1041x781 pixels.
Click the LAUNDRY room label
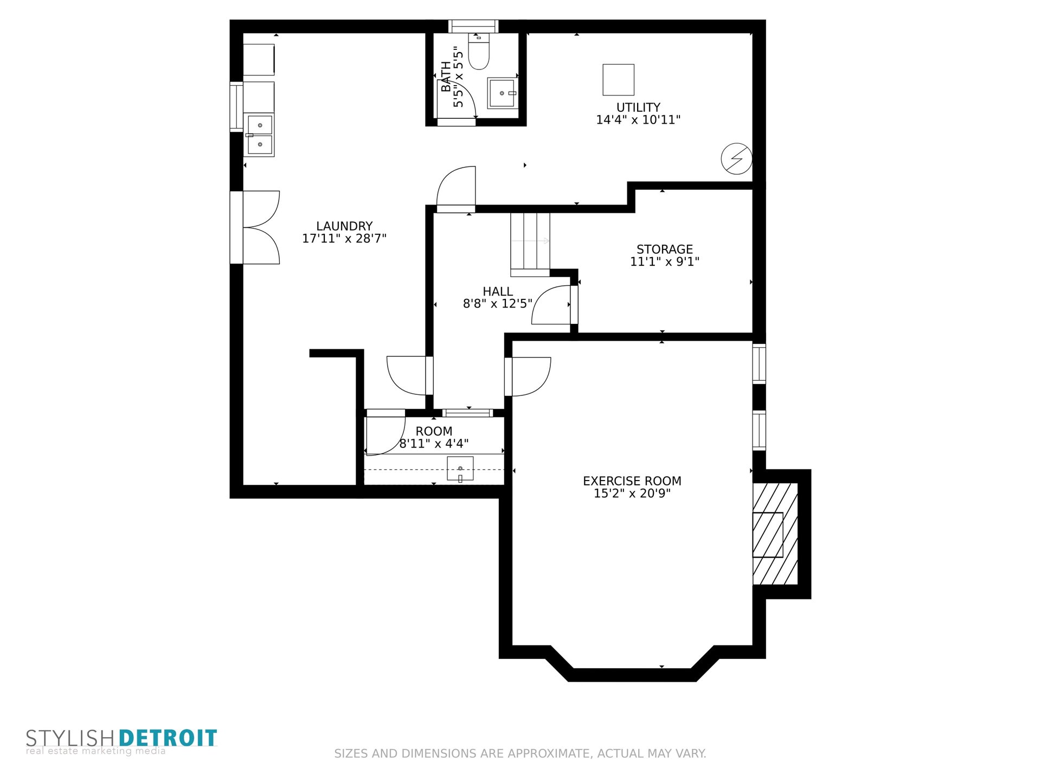(344, 226)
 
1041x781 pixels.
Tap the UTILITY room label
(638, 107)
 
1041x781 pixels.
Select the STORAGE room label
(665, 249)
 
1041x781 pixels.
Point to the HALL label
(498, 292)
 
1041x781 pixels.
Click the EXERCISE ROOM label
(632, 481)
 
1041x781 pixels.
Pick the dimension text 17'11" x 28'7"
(344, 239)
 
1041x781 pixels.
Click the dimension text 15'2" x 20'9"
(632, 494)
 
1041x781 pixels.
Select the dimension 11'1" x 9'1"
(665, 262)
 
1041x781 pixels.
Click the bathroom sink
(503, 93)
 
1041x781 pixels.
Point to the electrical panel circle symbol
(736, 159)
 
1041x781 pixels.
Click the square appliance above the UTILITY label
(618, 80)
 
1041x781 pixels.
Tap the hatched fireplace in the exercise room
(775, 534)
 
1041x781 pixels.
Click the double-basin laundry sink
(259, 135)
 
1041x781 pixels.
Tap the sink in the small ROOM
(460, 469)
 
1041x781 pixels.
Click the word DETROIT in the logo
(168, 738)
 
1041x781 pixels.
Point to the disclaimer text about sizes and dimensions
(520, 753)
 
